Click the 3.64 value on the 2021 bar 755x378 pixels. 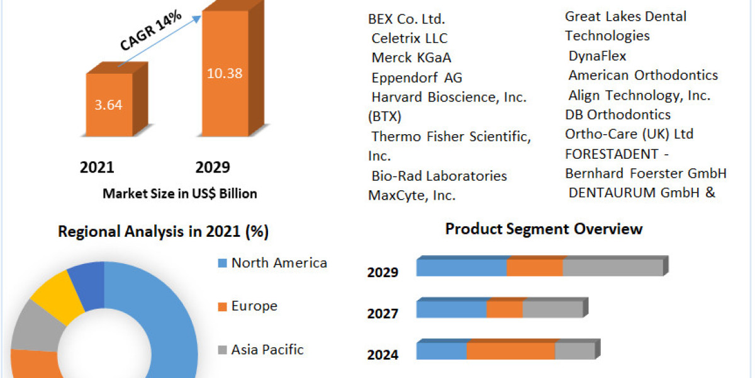pyautogui.click(x=108, y=105)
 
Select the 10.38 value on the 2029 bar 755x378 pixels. pyautogui.click(x=225, y=73)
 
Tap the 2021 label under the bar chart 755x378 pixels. pyautogui.click(x=97, y=168)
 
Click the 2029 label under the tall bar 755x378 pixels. pyautogui.click(x=213, y=168)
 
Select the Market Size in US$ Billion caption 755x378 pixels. pyautogui.click(x=179, y=194)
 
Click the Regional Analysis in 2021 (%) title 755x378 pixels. pyautogui.click(x=163, y=232)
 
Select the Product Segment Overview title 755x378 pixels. pyautogui.click(x=544, y=229)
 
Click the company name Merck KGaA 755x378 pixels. pyautogui.click(x=411, y=58)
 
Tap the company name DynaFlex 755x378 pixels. pyautogui.click(x=597, y=56)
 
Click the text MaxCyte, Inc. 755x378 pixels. pyautogui.click(x=411, y=196)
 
